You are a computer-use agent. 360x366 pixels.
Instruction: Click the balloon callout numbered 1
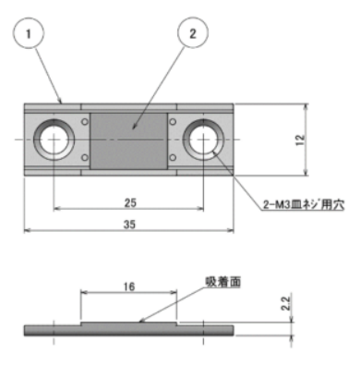pos(30,34)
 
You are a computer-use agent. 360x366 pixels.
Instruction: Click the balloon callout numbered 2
pos(192,34)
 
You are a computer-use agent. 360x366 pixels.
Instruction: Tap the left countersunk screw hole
pos(54,140)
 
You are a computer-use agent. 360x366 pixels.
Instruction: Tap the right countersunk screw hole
pos(203,140)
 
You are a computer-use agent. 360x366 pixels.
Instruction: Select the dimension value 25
pos(129,201)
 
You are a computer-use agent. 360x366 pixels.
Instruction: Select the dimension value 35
pos(129,225)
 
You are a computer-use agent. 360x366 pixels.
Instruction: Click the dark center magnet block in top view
pos(129,140)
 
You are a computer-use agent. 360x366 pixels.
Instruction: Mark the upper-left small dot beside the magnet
pos(86,121)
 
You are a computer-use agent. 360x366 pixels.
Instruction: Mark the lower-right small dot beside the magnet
pos(172,159)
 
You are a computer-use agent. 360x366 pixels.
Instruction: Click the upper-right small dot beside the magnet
pos(172,121)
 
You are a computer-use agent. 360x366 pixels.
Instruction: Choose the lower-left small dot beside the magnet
pos(86,159)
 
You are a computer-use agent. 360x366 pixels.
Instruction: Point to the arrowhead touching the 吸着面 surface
pos(139,322)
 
